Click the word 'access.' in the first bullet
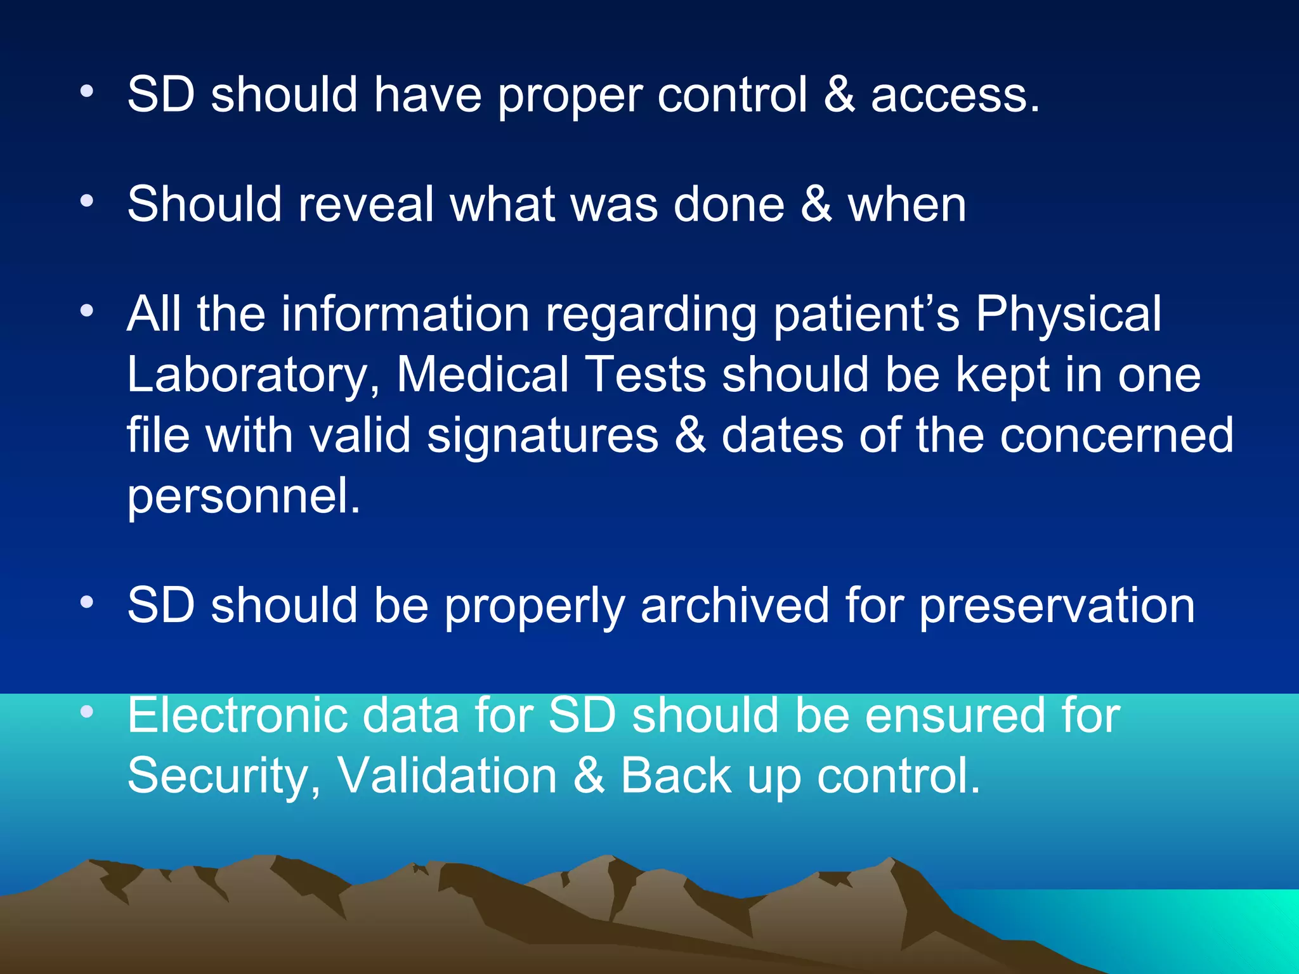(x=955, y=95)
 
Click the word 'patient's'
(x=866, y=315)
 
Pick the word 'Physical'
(x=1068, y=315)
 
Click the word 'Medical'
(x=483, y=374)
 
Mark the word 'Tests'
(x=647, y=374)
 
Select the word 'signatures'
(x=543, y=436)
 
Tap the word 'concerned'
(x=1116, y=435)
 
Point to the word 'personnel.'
(x=244, y=497)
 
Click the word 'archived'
(x=734, y=605)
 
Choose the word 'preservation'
(x=1057, y=606)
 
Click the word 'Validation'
(x=447, y=775)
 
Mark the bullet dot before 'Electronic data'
(x=87, y=712)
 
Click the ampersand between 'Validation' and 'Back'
(x=589, y=775)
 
